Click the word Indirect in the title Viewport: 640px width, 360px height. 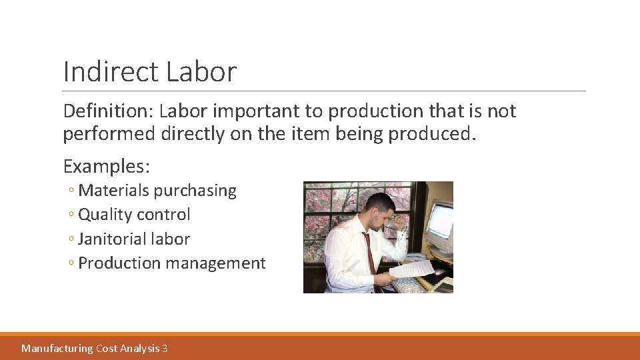(110, 72)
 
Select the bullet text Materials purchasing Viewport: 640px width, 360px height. (157, 191)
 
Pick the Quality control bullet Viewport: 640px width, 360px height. (134, 215)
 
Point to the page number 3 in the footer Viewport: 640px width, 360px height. (165, 348)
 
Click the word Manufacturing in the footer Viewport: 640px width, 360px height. (57, 348)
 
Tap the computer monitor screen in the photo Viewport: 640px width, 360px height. (440, 223)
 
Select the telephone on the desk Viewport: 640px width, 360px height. (417, 257)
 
